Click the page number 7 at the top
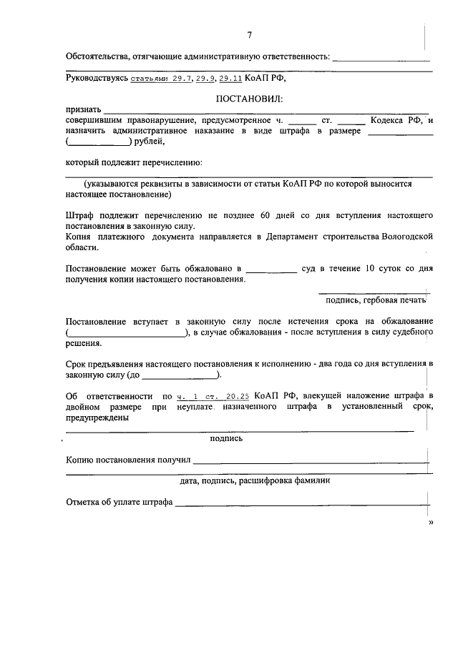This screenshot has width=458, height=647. click(249, 35)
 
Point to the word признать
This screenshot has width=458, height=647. click(83, 109)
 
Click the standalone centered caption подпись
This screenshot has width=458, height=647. click(226, 438)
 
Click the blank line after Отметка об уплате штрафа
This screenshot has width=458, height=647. click(301, 503)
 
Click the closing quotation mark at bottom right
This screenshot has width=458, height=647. click(430, 523)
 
